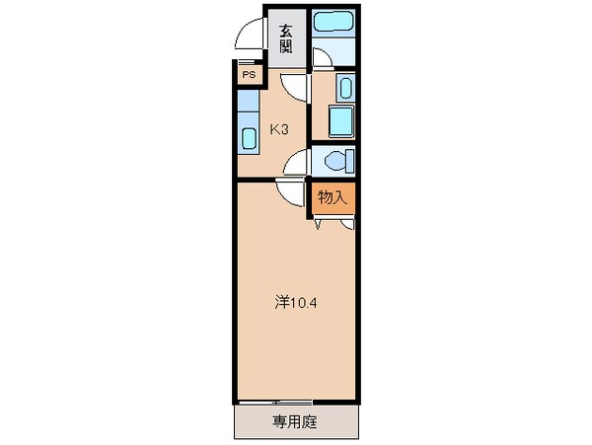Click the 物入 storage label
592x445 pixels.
(333, 196)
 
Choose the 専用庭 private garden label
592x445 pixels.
(294, 422)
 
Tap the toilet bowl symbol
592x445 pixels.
(335, 161)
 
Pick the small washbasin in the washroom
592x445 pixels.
(343, 89)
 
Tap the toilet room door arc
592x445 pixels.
(298, 164)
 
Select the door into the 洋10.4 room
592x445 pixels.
(289, 192)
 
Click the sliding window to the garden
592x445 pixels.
(276, 402)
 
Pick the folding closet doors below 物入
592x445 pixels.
(333, 224)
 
